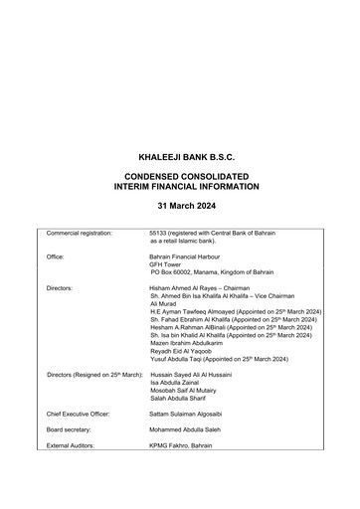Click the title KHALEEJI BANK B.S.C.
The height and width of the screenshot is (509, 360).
pos(179,157)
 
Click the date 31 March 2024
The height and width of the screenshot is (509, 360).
pos(179,205)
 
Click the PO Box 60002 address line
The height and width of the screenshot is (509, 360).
pos(211,272)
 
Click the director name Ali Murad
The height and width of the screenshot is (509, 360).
pos(163,305)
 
